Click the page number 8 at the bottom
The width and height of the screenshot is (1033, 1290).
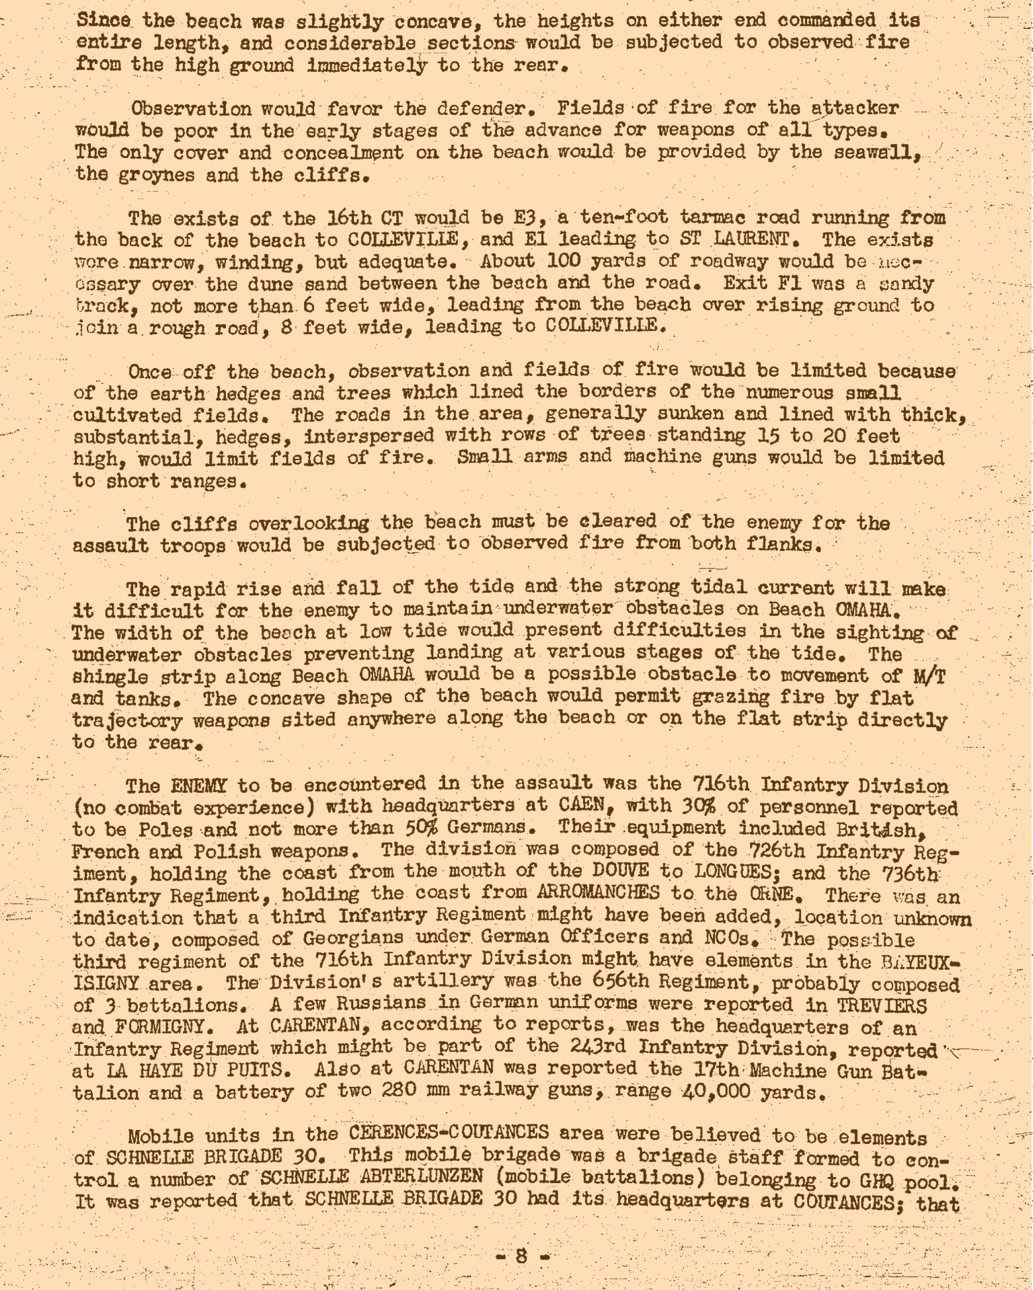(522, 1256)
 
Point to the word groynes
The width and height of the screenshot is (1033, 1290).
(151, 175)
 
